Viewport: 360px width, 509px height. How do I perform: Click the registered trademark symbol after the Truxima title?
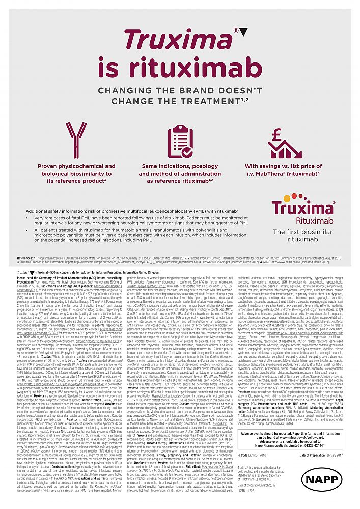236,31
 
